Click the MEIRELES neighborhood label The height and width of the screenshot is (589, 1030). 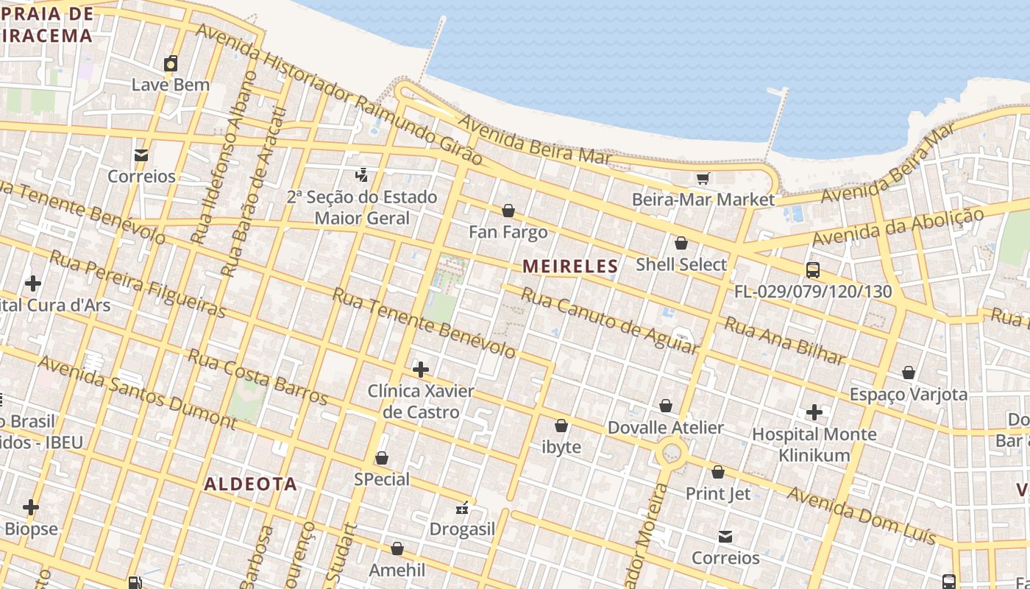570,267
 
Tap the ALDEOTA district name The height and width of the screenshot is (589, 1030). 250,484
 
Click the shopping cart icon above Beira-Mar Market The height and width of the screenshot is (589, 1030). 703,178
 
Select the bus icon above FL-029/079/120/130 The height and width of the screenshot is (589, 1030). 812,270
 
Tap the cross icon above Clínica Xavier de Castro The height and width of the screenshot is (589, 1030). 421,369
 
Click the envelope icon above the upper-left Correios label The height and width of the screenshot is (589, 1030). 141,155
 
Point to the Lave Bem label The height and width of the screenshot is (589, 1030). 171,85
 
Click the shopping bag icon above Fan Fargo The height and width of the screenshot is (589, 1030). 508,211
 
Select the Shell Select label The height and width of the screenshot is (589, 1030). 681,264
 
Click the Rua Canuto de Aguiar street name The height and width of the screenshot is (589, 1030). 609,321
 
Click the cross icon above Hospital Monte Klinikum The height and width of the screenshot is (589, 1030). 814,412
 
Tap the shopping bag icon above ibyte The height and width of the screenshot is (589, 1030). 561,426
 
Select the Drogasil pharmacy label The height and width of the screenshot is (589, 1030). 463,529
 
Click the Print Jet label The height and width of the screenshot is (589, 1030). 718,493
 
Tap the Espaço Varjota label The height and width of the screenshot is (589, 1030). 909,394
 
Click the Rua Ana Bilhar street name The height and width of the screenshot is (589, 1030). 784,340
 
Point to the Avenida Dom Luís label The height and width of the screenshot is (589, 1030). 862,515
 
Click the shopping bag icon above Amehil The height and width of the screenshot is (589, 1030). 397,549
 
